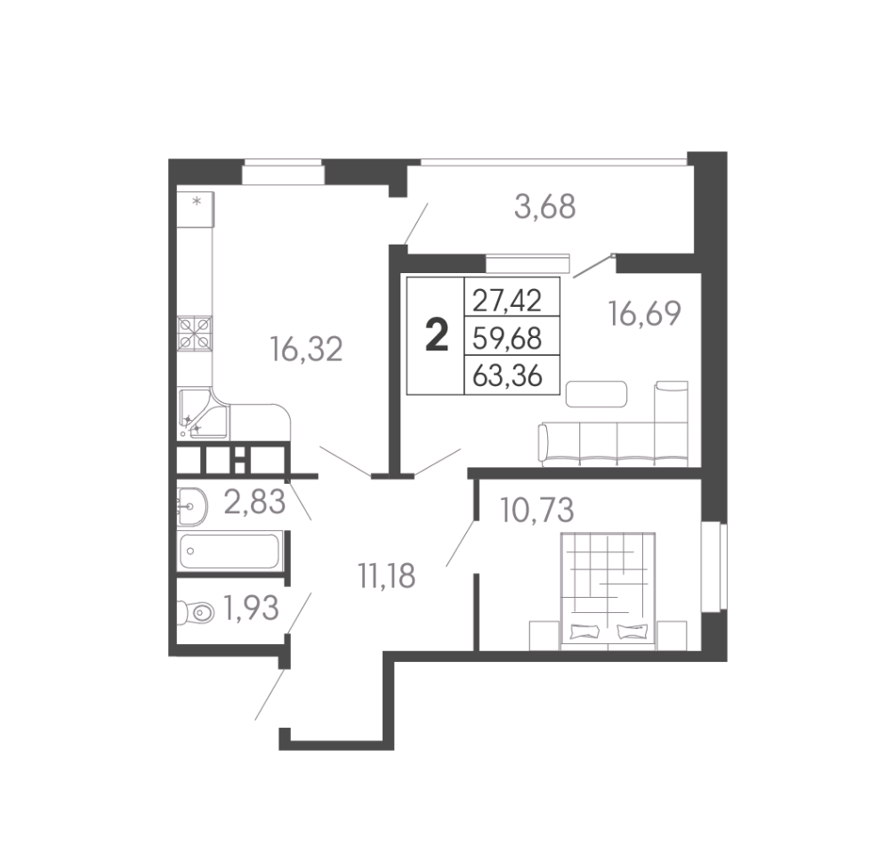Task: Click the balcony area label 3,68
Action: point(544,206)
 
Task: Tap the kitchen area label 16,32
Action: point(306,349)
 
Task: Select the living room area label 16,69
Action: point(645,313)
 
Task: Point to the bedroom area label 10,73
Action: point(537,510)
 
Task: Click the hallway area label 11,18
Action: point(386,576)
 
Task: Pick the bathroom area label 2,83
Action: point(254,501)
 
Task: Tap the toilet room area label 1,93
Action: point(251,608)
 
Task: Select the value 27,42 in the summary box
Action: point(507,301)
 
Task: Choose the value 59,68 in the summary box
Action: point(507,338)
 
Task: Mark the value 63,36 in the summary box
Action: point(507,375)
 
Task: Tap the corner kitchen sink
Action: point(203,415)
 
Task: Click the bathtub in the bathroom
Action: point(230,552)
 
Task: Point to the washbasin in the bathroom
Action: point(191,507)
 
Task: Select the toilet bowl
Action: point(196,612)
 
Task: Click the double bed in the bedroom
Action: point(608,592)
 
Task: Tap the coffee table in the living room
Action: point(596,393)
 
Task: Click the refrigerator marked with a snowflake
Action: point(196,209)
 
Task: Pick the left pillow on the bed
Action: point(584,632)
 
